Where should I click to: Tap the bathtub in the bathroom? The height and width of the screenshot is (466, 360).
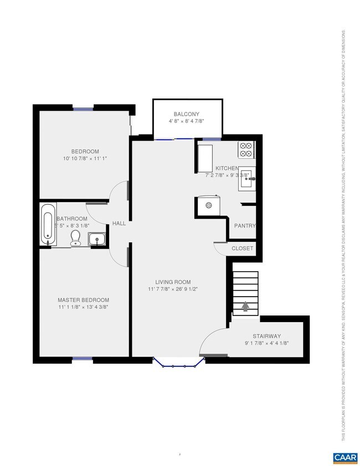point(48,225)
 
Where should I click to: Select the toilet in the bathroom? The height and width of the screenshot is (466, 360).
point(76,238)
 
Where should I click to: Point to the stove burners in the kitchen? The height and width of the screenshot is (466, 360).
point(246,149)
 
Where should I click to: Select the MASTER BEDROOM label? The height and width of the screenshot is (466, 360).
point(83,299)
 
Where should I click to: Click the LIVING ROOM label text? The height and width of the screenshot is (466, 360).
point(173,282)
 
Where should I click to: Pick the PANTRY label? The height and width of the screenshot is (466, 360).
point(244,226)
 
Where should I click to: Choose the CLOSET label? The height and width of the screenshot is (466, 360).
point(242,248)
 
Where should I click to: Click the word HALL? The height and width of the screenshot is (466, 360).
point(119,224)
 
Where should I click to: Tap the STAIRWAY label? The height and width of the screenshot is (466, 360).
point(267,336)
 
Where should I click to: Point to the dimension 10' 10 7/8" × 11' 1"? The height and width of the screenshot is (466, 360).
point(85,159)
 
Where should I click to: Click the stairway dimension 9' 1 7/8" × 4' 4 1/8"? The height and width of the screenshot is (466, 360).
point(267,343)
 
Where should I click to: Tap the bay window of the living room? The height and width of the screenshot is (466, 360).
point(176,363)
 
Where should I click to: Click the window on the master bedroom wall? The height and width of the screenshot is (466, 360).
point(83,359)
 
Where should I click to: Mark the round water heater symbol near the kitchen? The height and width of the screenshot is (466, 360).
point(209,205)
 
